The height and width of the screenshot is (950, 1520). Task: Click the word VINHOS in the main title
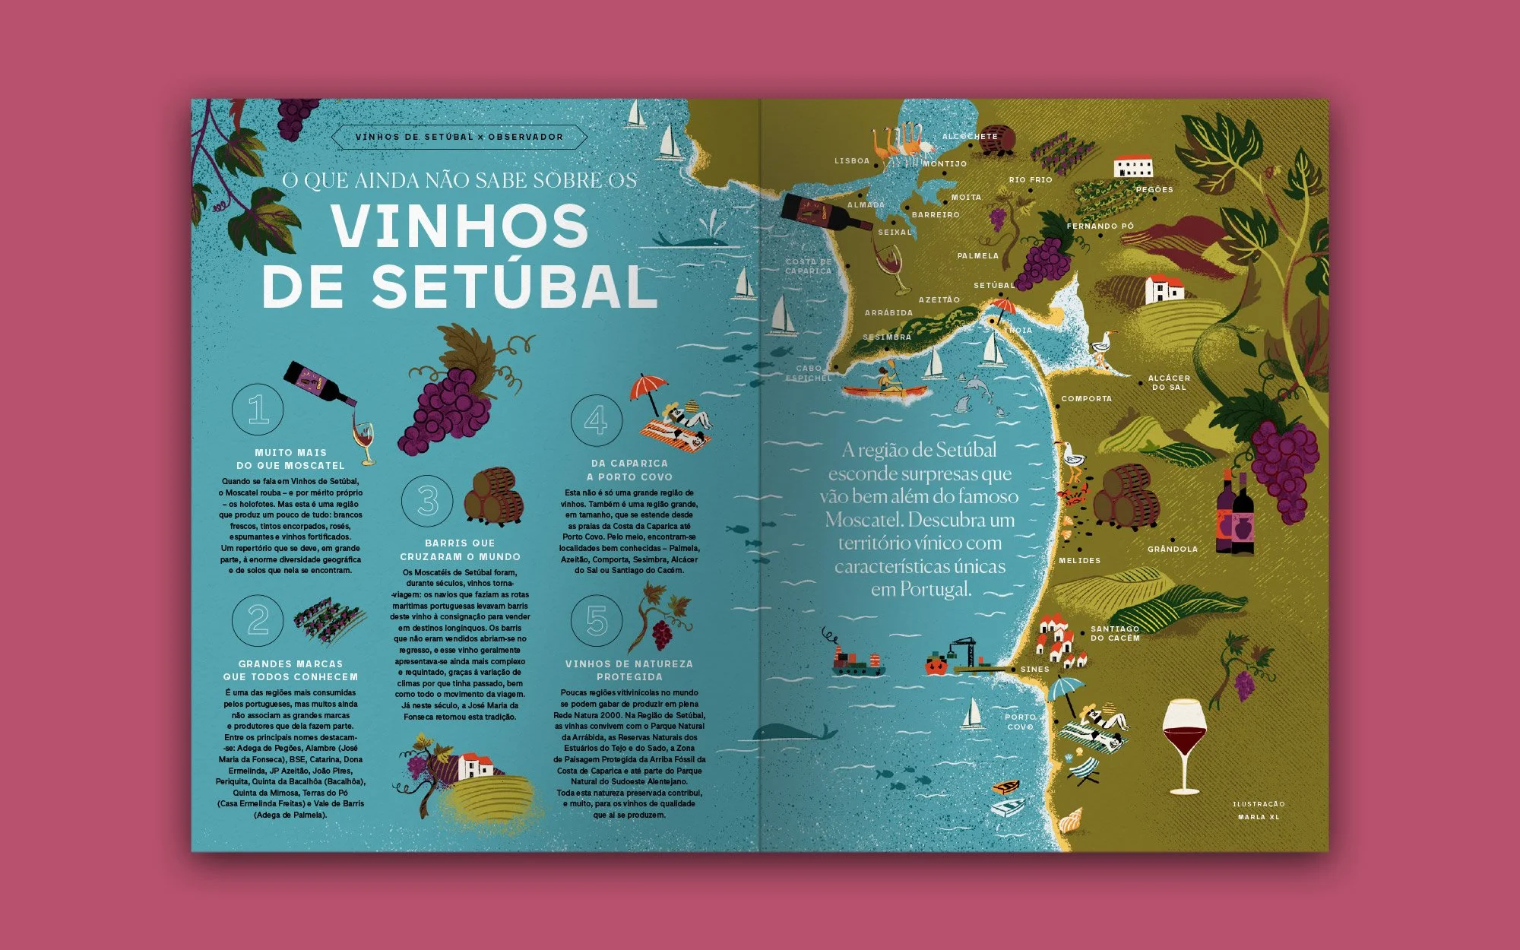tap(460, 226)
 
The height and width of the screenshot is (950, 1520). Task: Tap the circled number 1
tap(258, 410)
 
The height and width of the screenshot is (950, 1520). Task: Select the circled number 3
tap(428, 501)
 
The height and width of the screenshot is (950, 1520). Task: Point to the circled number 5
tap(597, 621)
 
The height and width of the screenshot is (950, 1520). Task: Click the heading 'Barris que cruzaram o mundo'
tap(460, 549)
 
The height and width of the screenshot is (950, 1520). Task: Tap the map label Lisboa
tap(851, 161)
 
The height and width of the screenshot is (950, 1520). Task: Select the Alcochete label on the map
tap(970, 137)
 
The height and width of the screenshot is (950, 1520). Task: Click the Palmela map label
tap(977, 256)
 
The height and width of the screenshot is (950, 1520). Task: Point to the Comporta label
tap(1086, 399)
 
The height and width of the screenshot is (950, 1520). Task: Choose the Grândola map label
tap(1172, 549)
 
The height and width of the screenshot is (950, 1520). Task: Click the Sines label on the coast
tap(1034, 670)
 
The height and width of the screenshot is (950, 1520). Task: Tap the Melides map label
tap(1079, 561)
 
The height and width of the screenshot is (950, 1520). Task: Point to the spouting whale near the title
tap(695, 237)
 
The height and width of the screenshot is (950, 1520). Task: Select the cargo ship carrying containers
tap(857, 662)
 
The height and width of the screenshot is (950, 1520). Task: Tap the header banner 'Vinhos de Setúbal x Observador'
tap(459, 138)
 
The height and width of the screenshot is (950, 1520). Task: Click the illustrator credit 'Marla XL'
tap(1259, 817)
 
